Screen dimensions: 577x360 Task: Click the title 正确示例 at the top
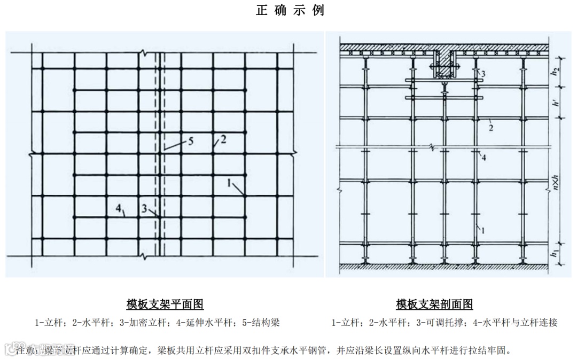tap(290, 11)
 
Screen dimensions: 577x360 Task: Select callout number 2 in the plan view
tap(223, 139)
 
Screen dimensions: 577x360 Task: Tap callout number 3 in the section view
tap(482, 73)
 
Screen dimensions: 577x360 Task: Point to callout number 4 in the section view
tap(483, 157)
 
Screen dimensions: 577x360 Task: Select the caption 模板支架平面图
tap(165, 304)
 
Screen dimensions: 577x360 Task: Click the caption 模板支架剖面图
tap(434, 304)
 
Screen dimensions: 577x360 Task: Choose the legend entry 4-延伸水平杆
tap(208, 323)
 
